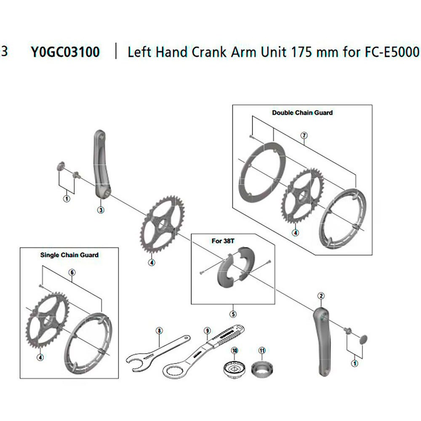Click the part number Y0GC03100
(65, 52)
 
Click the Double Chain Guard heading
(302, 112)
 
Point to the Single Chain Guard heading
(69, 255)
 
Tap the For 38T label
(223, 241)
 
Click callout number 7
(304, 135)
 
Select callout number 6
(72, 272)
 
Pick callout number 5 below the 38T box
(233, 314)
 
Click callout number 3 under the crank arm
(101, 210)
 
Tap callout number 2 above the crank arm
(321, 296)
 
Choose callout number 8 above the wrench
(159, 330)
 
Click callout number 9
(207, 330)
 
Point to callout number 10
(234, 350)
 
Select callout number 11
(262, 350)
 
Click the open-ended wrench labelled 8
(158, 353)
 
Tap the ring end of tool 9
(173, 372)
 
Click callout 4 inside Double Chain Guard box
(296, 232)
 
